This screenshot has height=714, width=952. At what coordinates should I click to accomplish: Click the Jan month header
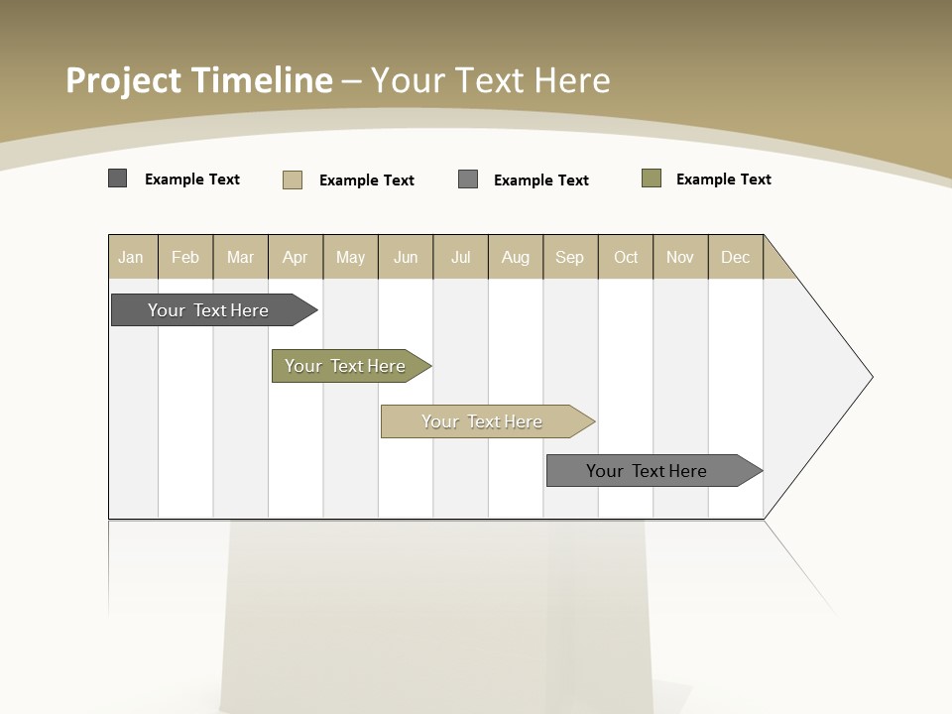[x=131, y=257]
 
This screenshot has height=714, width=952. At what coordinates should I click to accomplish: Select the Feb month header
[x=185, y=257]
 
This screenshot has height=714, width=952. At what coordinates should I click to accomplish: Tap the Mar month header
[x=240, y=257]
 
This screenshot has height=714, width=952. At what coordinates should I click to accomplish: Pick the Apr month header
[x=296, y=257]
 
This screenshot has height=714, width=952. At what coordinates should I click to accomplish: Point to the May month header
[x=350, y=257]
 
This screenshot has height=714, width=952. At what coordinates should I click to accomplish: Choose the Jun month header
[x=406, y=257]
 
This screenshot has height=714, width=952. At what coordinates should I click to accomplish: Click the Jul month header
[x=460, y=257]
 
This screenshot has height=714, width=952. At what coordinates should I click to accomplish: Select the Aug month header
[x=516, y=257]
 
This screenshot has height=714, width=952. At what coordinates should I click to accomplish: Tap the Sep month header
[x=570, y=257]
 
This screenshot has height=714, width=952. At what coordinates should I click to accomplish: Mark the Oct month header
[x=626, y=257]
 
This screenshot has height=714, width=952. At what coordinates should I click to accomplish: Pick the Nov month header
[x=680, y=257]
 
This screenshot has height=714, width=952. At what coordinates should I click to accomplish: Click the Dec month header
[x=736, y=257]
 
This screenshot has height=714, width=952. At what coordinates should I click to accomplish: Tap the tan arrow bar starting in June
[x=483, y=421]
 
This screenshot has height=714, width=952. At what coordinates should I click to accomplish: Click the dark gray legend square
[x=118, y=178]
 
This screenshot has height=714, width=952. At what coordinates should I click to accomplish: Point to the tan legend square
[x=293, y=179]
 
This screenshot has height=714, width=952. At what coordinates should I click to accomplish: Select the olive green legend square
[x=652, y=178]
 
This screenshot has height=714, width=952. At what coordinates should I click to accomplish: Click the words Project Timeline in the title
[x=199, y=80]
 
